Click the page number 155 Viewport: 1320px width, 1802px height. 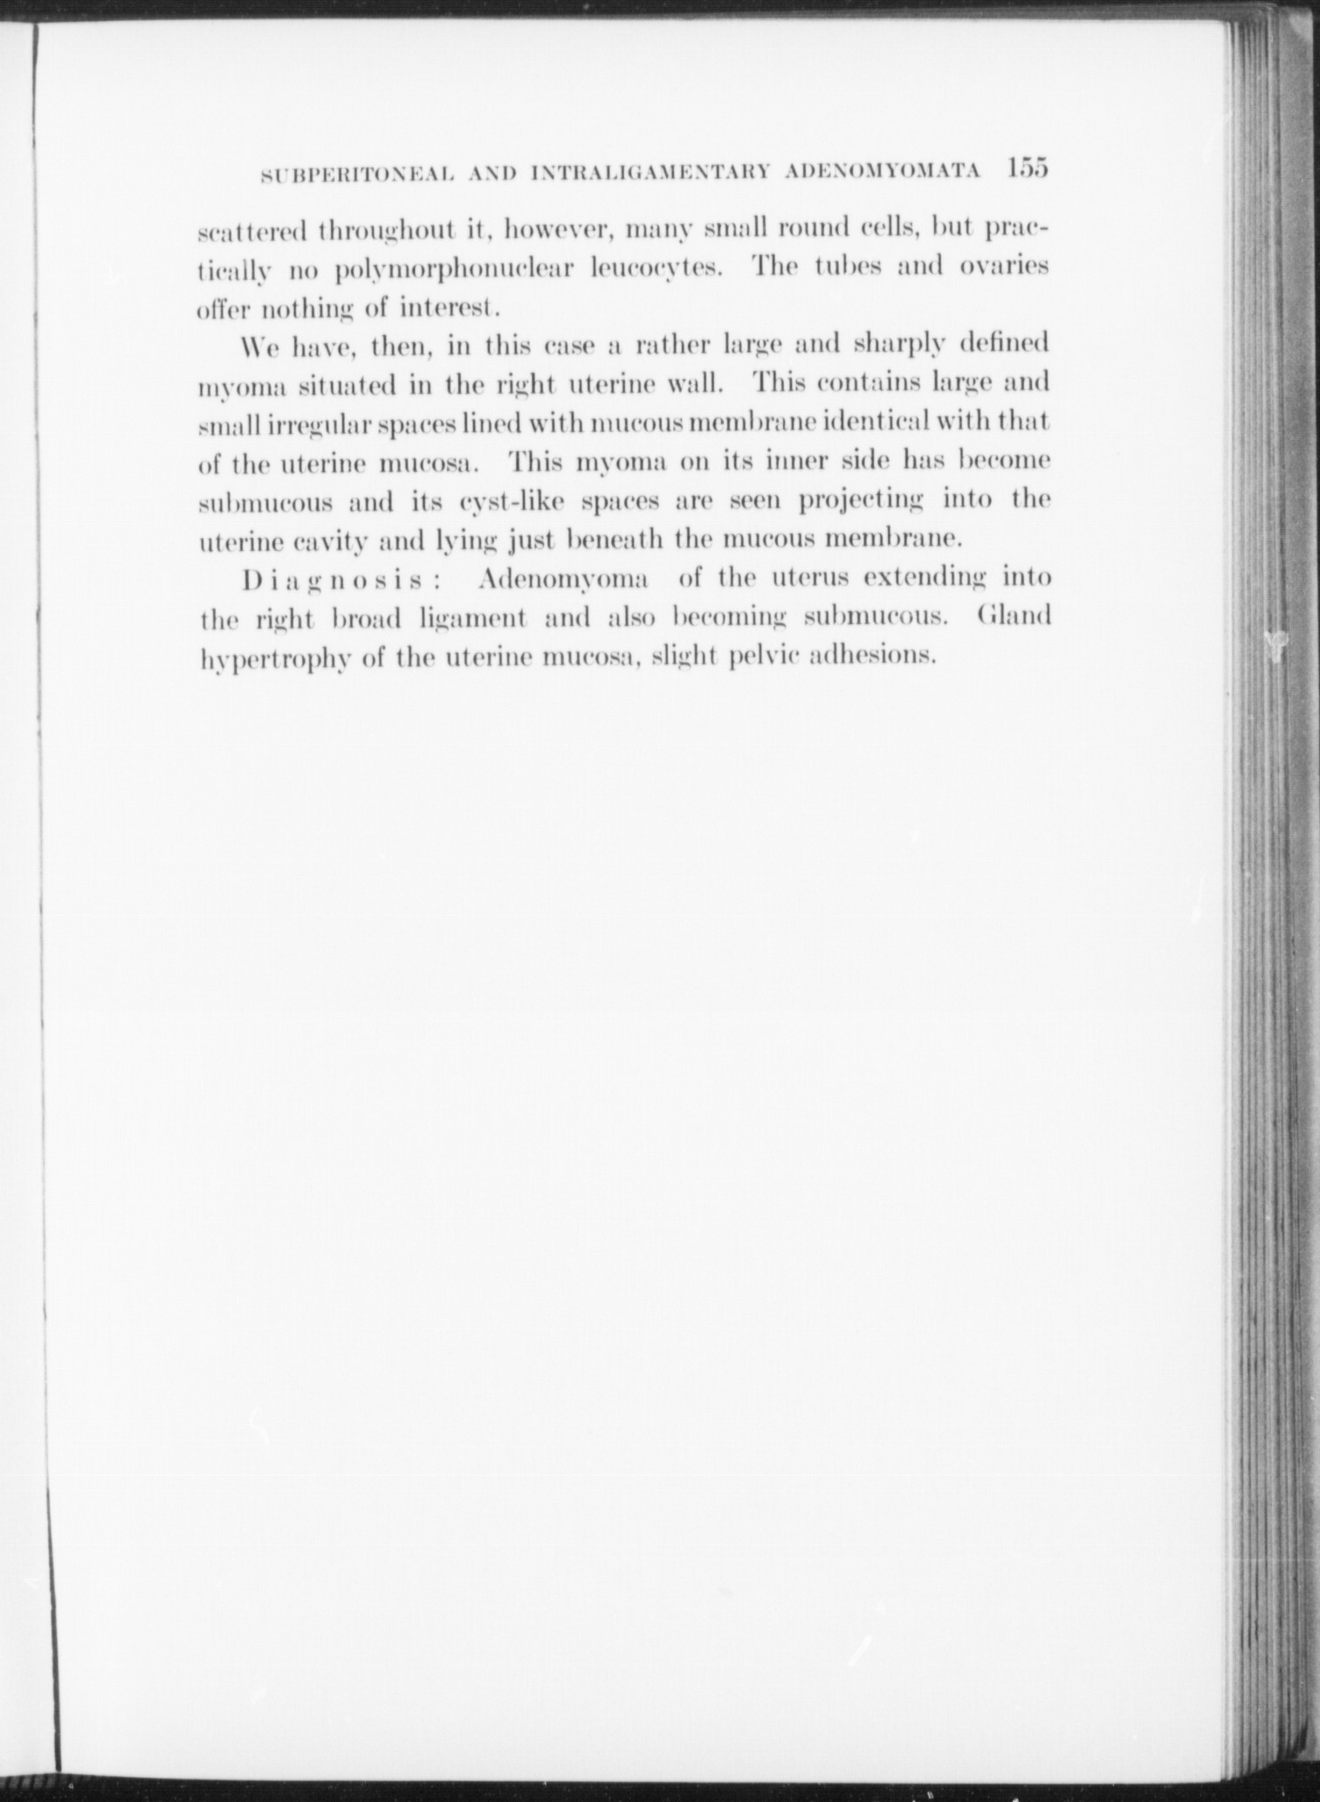point(1026,169)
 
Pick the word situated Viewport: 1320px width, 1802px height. point(352,384)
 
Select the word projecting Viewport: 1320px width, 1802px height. point(862,501)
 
